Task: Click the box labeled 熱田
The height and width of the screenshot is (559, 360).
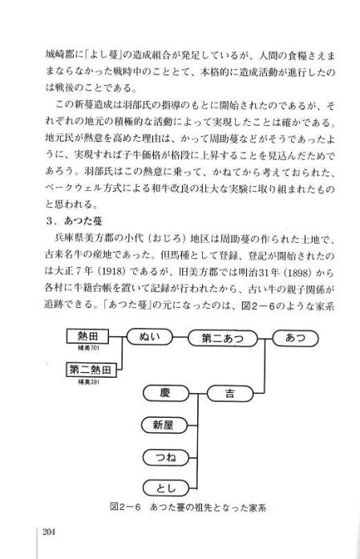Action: pos(87,336)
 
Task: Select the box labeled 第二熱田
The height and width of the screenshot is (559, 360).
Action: pos(91,370)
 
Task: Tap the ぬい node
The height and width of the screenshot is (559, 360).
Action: pos(150,337)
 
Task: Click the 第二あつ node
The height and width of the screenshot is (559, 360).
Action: pos(222,338)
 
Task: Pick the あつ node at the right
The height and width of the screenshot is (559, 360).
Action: pos(295,338)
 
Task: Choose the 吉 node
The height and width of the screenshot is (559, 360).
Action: pos(230,394)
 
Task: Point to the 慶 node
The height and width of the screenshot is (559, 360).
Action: pos(166,393)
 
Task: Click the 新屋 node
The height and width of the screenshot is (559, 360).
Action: pos(164,425)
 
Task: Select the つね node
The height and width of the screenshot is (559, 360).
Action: pos(166,457)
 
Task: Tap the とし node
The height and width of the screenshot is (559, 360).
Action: pos(166,488)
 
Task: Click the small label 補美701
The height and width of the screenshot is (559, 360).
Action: pos(88,348)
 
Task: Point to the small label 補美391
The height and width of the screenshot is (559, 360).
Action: pos(88,382)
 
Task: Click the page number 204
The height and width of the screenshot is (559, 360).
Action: pos(49,533)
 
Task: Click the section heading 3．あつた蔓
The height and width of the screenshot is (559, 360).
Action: pos(74,221)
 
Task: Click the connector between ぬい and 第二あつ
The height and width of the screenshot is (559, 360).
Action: pos(180,338)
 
